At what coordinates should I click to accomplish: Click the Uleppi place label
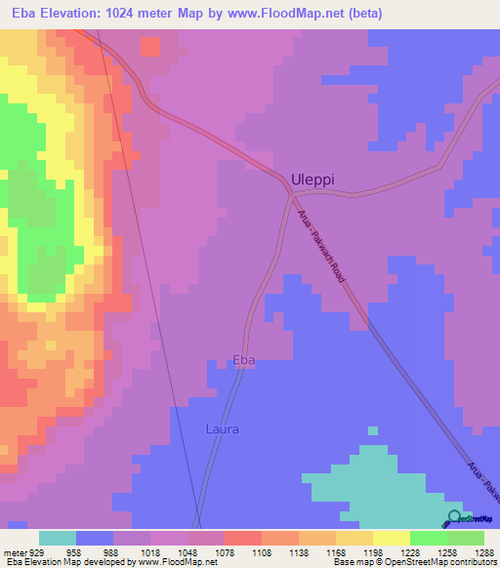coord(314,180)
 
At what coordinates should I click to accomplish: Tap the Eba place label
coord(244,360)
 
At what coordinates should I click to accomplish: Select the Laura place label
coord(223,428)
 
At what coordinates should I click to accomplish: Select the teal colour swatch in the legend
coord(58,538)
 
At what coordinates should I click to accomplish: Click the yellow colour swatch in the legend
coord(392,538)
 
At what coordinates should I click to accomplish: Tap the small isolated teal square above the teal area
coord(372,430)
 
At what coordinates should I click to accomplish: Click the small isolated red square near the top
coord(149,46)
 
